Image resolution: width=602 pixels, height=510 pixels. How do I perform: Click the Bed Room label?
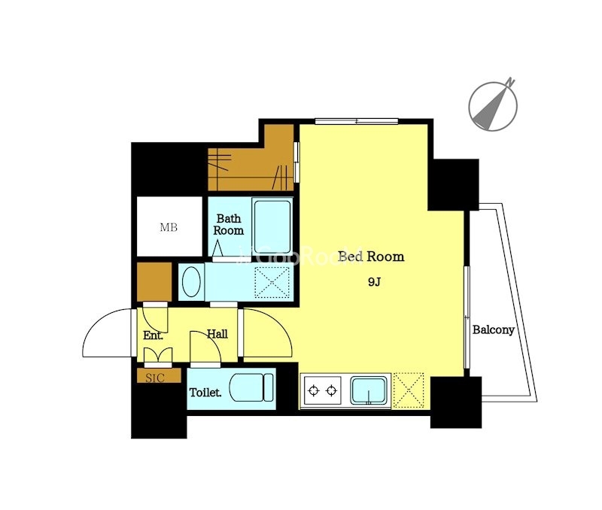[x=371, y=257]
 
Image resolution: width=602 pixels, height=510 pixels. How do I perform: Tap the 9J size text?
[x=374, y=282]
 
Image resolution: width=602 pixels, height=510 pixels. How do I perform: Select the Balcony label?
[x=494, y=329]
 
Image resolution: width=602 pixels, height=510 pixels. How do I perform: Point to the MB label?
[x=169, y=228]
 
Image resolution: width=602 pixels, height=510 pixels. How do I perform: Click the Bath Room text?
[x=229, y=224]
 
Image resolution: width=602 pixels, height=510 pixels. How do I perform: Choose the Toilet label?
[x=205, y=393]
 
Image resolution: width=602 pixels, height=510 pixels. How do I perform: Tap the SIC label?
[x=155, y=378]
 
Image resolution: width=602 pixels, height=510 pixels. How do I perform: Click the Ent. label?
[x=154, y=335]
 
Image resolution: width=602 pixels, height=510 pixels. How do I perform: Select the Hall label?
[x=217, y=334]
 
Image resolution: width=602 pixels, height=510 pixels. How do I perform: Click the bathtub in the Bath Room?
[x=272, y=226]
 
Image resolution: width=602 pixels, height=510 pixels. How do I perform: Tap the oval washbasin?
[x=191, y=282]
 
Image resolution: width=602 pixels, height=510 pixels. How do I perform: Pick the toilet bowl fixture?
[x=251, y=387]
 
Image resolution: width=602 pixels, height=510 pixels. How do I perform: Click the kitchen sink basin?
[x=369, y=390]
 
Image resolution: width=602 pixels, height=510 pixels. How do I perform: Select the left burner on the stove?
[x=315, y=390]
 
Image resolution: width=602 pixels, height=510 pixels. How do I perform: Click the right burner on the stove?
[x=331, y=390]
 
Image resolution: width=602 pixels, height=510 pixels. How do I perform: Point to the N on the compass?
[x=510, y=82]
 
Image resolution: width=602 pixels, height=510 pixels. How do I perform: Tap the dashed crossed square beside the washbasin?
[x=272, y=282]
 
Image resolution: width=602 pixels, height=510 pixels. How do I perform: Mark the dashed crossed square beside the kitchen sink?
[x=409, y=390]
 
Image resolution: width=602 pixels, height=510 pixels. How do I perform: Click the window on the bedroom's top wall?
[x=356, y=122]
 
